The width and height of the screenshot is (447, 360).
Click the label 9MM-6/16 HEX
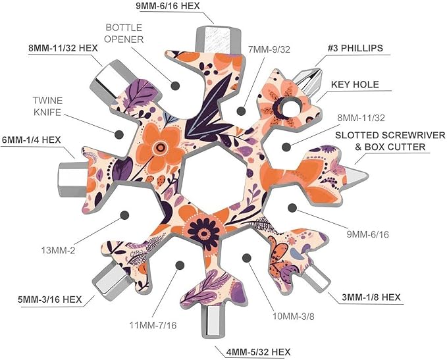click(x=168, y=6)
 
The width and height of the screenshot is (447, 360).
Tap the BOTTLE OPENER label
click(x=124, y=34)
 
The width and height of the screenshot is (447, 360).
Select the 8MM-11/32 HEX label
click(x=63, y=48)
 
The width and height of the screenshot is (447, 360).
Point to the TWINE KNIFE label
click(x=47, y=107)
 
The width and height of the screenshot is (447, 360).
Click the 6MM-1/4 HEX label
click(x=32, y=140)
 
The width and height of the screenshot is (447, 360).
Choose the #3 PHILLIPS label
click(x=355, y=48)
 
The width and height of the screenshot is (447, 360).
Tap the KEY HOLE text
click(x=355, y=84)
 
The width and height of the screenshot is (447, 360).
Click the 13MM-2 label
click(x=58, y=251)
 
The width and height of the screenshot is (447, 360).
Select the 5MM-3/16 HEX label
click(x=50, y=299)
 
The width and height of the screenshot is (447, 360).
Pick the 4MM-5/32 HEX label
click(x=258, y=352)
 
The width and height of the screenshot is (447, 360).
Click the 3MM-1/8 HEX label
click(x=371, y=297)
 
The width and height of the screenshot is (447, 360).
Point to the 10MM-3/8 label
click(x=294, y=316)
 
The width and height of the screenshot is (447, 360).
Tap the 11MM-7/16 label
click(x=153, y=325)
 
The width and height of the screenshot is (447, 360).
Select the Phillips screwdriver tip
click(x=309, y=81)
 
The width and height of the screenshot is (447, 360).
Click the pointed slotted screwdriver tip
click(x=356, y=175)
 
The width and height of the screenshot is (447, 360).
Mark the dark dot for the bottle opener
click(x=175, y=86)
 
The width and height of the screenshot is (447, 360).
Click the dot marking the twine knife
click(x=119, y=134)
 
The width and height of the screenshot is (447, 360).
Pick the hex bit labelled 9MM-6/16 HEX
click(x=218, y=39)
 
